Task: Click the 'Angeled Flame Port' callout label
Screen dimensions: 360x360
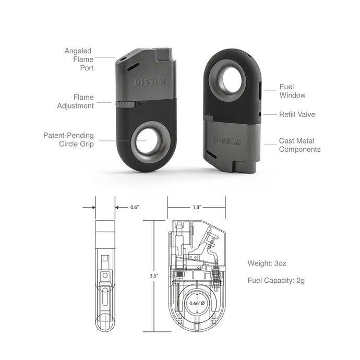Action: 78,59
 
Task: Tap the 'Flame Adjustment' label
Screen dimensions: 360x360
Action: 76,102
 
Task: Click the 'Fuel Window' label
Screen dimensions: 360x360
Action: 292,91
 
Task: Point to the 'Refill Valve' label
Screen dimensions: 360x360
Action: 297,114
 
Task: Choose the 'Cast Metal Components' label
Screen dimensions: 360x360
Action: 299,145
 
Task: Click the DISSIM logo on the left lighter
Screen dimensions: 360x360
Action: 149,82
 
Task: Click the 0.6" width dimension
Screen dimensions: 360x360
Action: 134,207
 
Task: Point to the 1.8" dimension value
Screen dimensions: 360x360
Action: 196,207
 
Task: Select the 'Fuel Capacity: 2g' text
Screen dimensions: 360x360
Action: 276,280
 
